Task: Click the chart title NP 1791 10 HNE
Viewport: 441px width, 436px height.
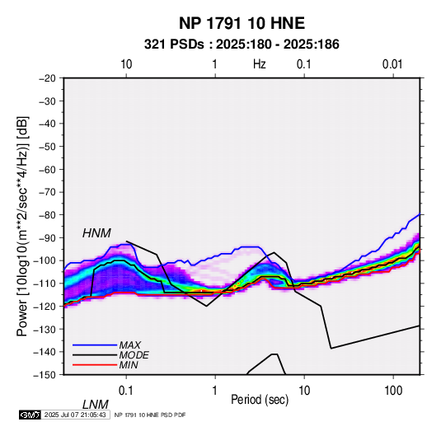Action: (x=242, y=23)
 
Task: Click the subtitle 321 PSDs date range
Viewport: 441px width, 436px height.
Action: (x=242, y=45)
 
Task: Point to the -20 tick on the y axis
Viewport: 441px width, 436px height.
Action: (x=47, y=78)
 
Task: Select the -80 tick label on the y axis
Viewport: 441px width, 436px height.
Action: (x=47, y=215)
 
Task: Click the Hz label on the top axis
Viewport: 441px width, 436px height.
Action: (x=260, y=64)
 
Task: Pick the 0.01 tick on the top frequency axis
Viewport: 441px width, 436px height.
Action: (x=392, y=64)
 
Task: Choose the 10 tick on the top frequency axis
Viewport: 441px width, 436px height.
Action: (x=126, y=64)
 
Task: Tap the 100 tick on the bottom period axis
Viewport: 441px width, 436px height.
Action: (x=393, y=391)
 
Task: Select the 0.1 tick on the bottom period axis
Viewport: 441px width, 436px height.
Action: (x=126, y=391)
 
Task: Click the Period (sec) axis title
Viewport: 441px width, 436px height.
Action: (x=260, y=400)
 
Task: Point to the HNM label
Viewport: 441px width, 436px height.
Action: (x=96, y=233)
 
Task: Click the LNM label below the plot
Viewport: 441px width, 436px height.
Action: (x=95, y=405)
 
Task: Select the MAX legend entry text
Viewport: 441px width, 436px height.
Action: (x=129, y=345)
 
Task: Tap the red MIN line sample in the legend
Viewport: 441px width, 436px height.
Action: (x=95, y=365)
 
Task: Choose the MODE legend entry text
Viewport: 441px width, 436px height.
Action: (x=134, y=355)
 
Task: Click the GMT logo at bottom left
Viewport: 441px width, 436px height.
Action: (x=30, y=415)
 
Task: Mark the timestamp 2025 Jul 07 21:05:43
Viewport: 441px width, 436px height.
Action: (x=75, y=415)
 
